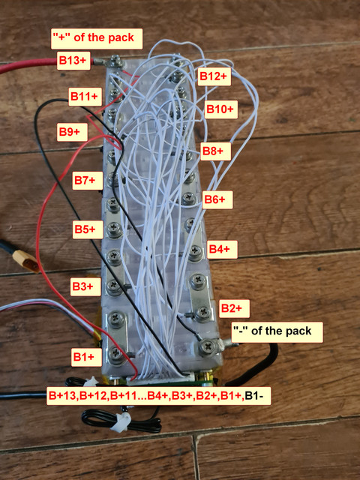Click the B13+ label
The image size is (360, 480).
(73, 61)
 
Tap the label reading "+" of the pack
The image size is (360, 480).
(97, 38)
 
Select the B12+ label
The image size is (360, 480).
(214, 76)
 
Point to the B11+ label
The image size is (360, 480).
(85, 97)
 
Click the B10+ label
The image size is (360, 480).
(221, 109)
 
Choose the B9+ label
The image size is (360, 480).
(72, 132)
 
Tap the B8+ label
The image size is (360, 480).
(216, 151)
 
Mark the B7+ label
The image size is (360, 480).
(87, 181)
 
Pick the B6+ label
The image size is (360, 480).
(217, 200)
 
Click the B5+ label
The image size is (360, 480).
(88, 229)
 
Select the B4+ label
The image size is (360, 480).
(222, 250)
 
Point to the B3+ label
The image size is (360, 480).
(85, 286)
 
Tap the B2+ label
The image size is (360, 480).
(234, 308)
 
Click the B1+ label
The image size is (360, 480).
(86, 357)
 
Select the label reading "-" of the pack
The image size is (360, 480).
(277, 332)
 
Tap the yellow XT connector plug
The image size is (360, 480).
(25, 261)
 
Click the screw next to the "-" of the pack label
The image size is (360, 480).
(208, 347)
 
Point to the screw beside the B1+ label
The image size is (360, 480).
(115, 354)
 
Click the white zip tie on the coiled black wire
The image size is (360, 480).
(121, 422)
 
